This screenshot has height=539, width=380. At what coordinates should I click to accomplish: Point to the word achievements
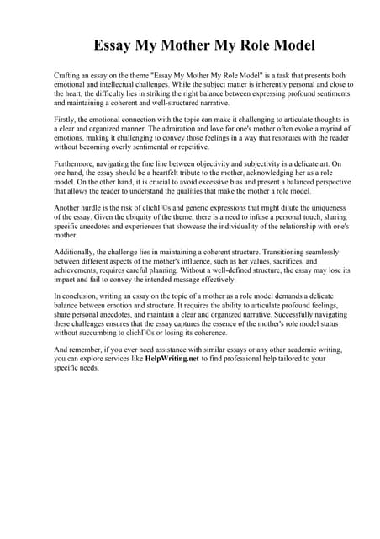tap(80, 271)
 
